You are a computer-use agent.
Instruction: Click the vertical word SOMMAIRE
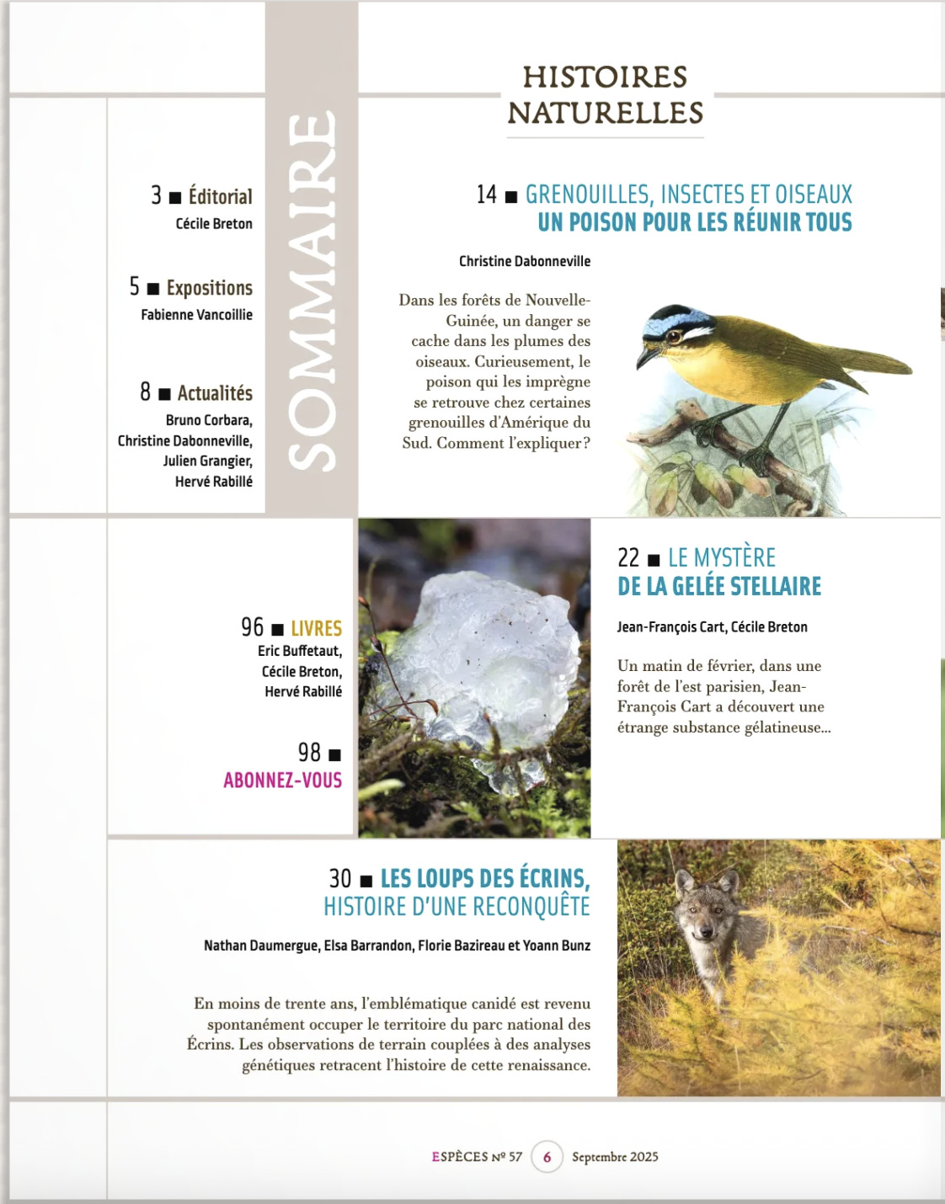pos(312,290)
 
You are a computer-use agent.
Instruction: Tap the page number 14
pos(487,194)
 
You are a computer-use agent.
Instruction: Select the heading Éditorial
pos(220,196)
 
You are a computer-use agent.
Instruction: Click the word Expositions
pos(209,288)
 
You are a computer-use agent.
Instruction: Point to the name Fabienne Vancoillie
pos(196,315)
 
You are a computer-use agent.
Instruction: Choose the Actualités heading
pos(215,393)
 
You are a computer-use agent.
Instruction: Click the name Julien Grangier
pos(207,461)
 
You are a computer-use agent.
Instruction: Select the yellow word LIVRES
pos(316,628)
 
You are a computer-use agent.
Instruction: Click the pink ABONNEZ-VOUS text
pos(282,780)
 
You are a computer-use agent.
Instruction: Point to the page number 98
pos(309,752)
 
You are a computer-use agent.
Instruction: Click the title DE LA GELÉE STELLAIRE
pos(718,586)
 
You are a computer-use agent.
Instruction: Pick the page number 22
pos(628,557)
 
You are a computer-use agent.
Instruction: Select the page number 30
pos(339,879)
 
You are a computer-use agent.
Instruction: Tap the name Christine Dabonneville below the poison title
pos(524,261)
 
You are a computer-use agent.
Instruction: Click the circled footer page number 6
pos(547,1157)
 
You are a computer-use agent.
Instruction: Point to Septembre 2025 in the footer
pos(615,1157)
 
